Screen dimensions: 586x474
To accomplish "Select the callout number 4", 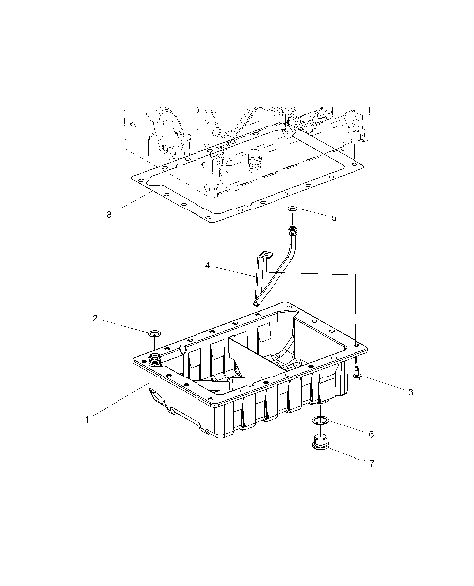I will coord(207,265).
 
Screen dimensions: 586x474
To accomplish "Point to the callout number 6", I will coord(371,433).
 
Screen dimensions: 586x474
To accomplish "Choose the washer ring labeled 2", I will coord(154,335).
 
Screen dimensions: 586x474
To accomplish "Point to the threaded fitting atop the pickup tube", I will coord(293,232).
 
